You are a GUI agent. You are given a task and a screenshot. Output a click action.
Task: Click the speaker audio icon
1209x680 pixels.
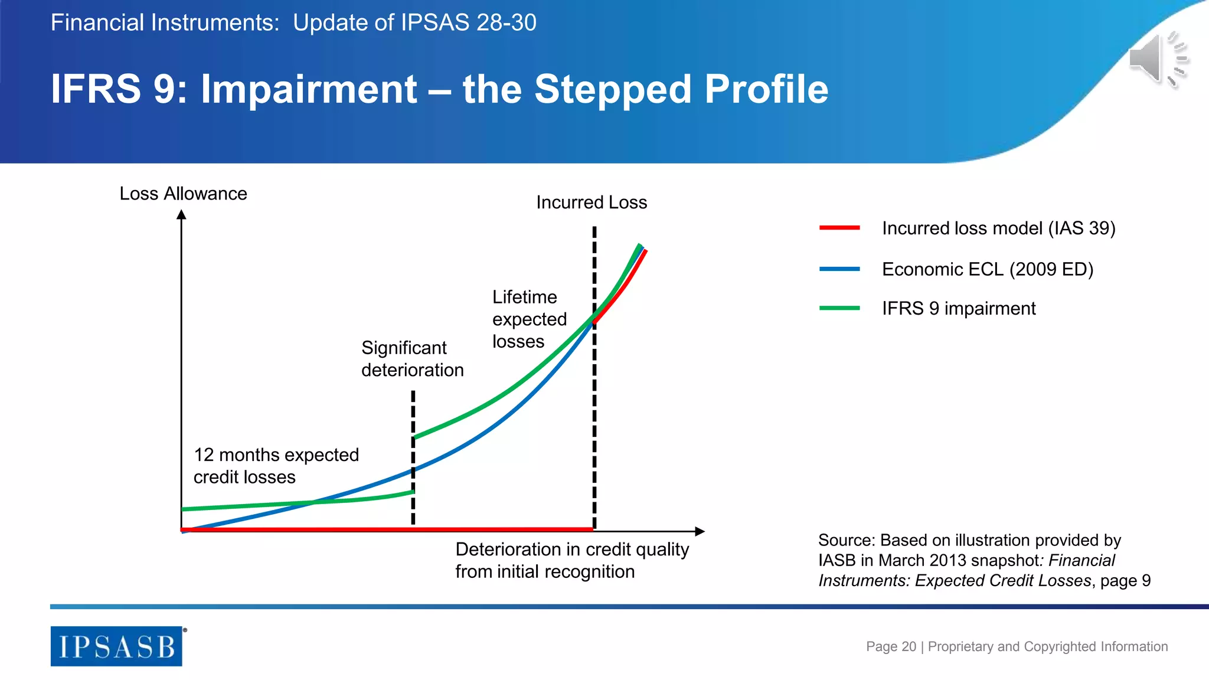click(x=1157, y=60)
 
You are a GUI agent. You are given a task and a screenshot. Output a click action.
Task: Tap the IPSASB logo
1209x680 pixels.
click(x=116, y=646)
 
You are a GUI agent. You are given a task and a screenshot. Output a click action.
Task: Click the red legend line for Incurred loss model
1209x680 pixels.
click(x=839, y=228)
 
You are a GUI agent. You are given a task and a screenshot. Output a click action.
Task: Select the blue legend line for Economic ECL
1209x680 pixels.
click(x=839, y=269)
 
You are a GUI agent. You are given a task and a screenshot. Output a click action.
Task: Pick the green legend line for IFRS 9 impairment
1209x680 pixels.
click(x=839, y=308)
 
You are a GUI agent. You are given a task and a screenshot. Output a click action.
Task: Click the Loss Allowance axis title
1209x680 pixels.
click(x=183, y=194)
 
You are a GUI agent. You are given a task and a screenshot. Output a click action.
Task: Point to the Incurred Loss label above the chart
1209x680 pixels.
click(x=592, y=202)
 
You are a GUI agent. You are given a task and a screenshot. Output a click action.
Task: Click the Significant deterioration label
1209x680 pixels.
click(x=412, y=359)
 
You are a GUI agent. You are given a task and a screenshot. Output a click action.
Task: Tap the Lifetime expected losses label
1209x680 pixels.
click(x=529, y=319)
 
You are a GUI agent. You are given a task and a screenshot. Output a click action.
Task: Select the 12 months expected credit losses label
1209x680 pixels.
click(x=276, y=466)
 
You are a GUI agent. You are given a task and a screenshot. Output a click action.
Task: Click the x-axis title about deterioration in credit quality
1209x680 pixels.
click(x=571, y=560)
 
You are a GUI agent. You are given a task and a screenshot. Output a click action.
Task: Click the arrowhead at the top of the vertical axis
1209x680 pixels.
click(x=182, y=215)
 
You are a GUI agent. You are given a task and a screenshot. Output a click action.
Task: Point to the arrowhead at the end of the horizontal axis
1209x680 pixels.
click(x=700, y=531)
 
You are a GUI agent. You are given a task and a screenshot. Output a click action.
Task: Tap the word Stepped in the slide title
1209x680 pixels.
click(x=614, y=89)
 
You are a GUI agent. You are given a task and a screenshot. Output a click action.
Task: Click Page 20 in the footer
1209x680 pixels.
click(x=891, y=646)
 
